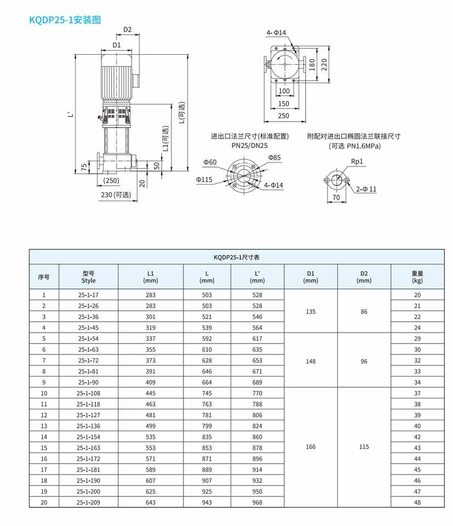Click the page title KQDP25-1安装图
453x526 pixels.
coord(65,20)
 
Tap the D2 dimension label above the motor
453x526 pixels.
coord(128,30)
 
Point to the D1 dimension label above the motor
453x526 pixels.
coord(116,45)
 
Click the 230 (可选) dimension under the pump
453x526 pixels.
coord(116,195)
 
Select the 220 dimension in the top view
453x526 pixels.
coord(324,65)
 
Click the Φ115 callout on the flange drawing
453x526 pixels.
coord(204,180)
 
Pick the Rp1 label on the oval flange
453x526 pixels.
coord(357,161)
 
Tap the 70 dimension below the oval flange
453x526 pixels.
coord(336,197)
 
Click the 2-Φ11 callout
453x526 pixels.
coord(366,189)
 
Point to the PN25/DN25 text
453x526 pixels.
coord(249,146)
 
